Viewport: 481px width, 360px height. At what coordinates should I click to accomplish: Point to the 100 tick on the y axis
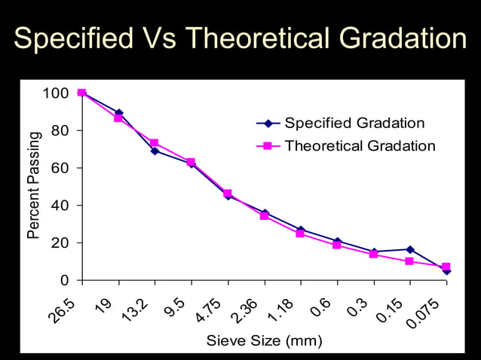coord(56,93)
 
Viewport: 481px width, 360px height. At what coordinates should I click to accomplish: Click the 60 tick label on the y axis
coord(60,168)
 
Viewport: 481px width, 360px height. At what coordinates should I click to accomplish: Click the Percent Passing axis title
coord(33,185)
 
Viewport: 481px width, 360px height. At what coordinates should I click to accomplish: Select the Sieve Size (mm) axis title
coord(264,341)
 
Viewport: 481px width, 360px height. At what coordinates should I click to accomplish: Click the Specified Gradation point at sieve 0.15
coord(409,249)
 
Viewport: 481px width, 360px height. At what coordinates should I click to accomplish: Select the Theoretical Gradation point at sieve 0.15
coord(409,261)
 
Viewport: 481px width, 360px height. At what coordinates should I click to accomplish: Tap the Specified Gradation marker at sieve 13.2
coord(155,151)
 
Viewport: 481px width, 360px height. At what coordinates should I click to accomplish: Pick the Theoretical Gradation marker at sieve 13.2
coord(155,142)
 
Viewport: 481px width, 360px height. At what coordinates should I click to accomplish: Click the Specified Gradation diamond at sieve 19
coord(118,113)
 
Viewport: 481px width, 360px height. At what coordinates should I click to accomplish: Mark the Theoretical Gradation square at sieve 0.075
coord(446,267)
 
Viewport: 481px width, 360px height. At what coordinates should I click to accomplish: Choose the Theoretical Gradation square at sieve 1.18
coord(300,233)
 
